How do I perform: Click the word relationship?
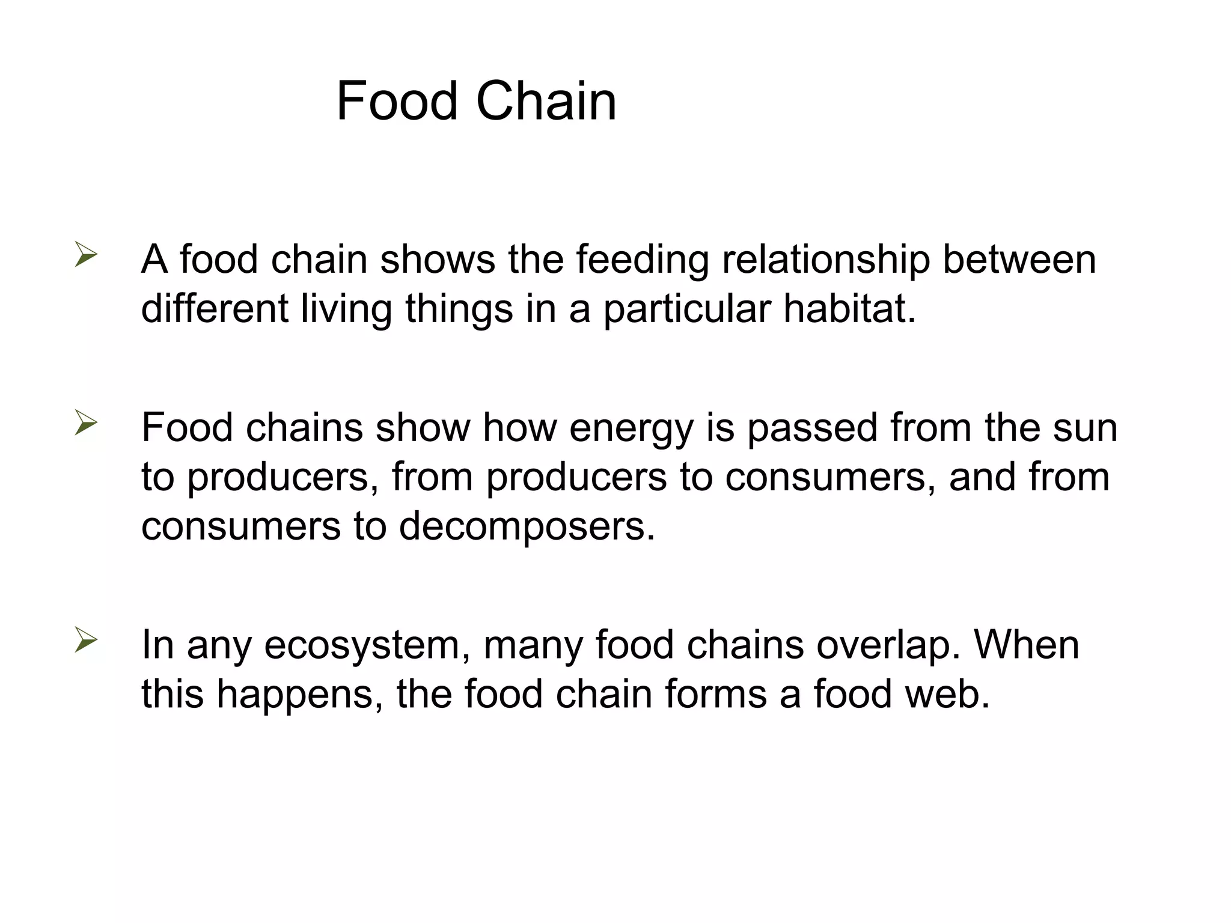click(x=825, y=261)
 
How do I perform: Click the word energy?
click(x=631, y=429)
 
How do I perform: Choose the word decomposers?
click(x=527, y=526)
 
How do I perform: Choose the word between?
click(x=1019, y=260)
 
